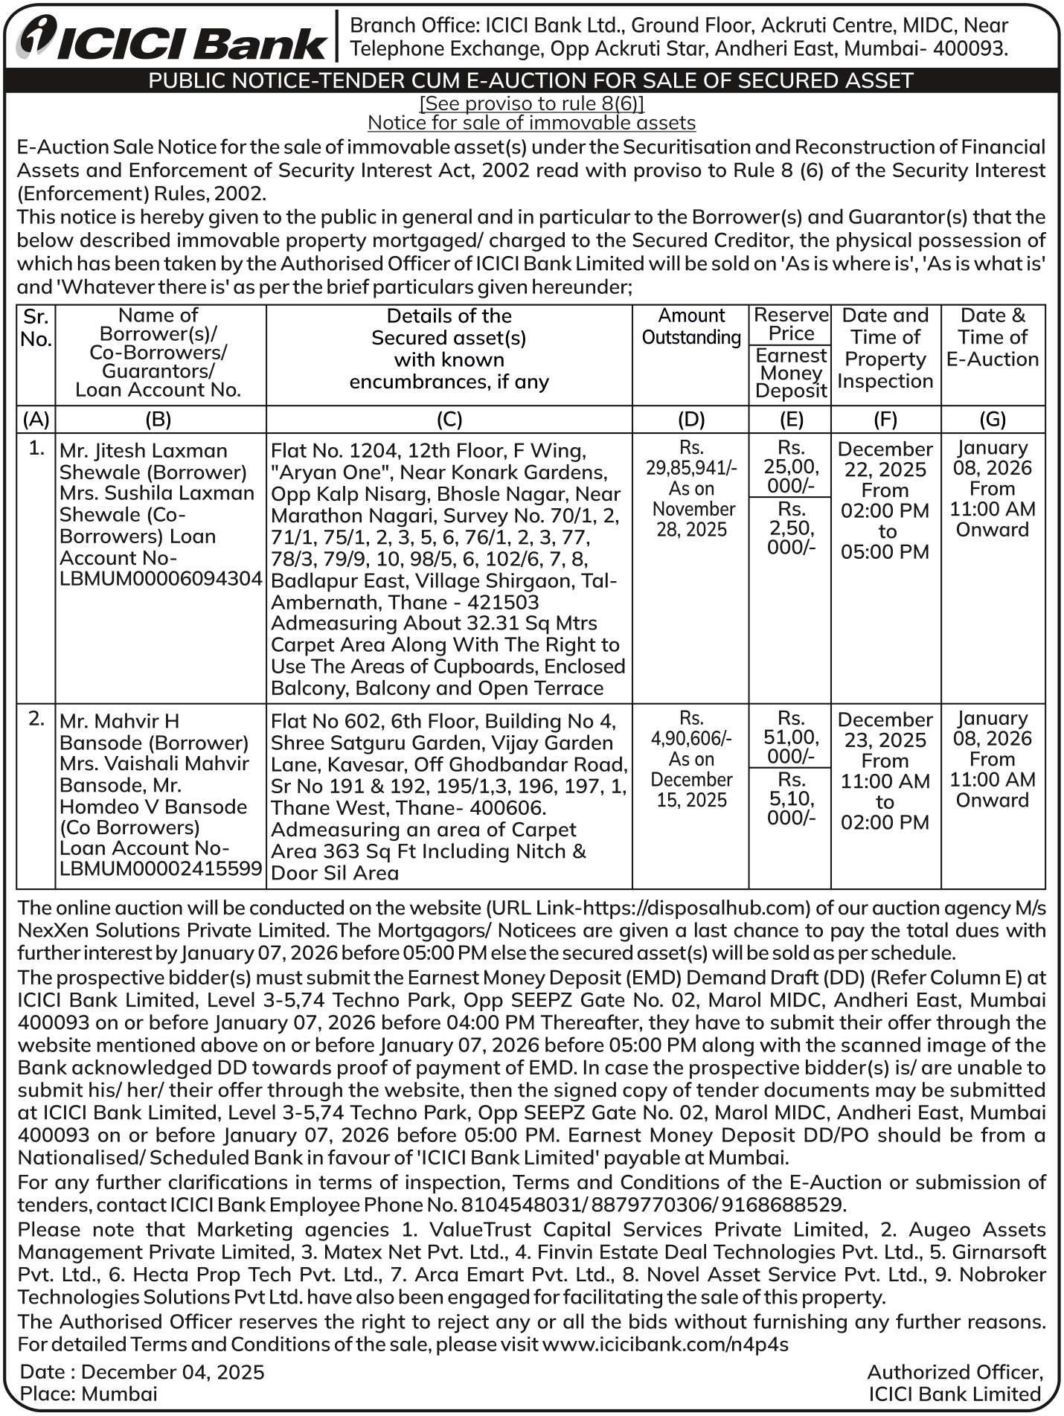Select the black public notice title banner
[531, 80]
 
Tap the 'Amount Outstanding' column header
[691, 327]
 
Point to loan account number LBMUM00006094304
[161, 579]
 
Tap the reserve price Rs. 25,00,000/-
[790, 467]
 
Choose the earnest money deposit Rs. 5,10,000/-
[790, 798]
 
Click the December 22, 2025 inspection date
[885, 459]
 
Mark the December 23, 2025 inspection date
[885, 730]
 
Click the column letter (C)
[449, 420]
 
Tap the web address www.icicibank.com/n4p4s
[665, 1344]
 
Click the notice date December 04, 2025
[173, 1372]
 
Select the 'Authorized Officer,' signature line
[955, 1372]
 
